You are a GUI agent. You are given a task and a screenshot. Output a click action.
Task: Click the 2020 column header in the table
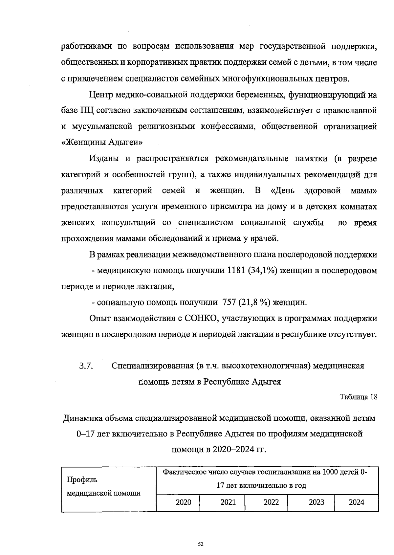tap(183, 502)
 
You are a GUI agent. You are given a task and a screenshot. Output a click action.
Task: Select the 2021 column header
tap(228, 502)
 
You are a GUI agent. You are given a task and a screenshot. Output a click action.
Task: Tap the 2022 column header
tap(271, 502)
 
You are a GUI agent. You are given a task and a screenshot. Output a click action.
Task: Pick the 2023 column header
tap(317, 502)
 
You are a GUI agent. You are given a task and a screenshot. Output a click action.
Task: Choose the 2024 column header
tap(357, 502)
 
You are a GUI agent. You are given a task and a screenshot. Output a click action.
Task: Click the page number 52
tap(201, 544)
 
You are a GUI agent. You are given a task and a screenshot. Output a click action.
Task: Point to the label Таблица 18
tap(359, 397)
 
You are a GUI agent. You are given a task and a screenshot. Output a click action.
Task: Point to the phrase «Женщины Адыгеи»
tap(102, 143)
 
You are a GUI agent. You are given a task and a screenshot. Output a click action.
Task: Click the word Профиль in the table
tap(82, 480)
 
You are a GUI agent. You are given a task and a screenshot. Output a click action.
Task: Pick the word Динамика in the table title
tap(83, 418)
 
